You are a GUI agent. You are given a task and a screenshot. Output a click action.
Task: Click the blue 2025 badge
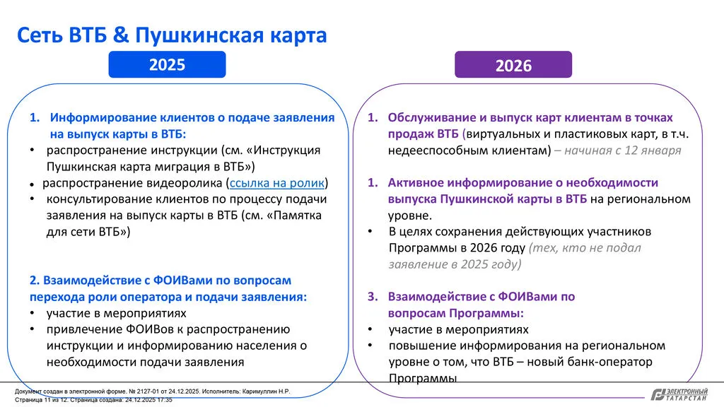(x=167, y=65)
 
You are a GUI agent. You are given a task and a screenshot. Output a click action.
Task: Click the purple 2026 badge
(x=513, y=66)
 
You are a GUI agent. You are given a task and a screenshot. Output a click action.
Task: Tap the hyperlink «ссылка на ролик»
(x=277, y=183)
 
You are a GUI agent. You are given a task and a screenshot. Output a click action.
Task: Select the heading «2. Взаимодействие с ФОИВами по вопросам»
(x=160, y=280)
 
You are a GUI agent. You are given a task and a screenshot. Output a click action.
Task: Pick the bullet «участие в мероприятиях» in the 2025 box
(x=117, y=312)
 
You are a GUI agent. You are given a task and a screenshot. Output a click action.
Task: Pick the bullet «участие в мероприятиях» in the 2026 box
(x=458, y=329)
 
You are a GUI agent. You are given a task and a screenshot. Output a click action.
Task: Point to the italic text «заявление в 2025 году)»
(x=455, y=264)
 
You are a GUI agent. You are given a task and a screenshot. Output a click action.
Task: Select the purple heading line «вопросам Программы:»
(x=455, y=312)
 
